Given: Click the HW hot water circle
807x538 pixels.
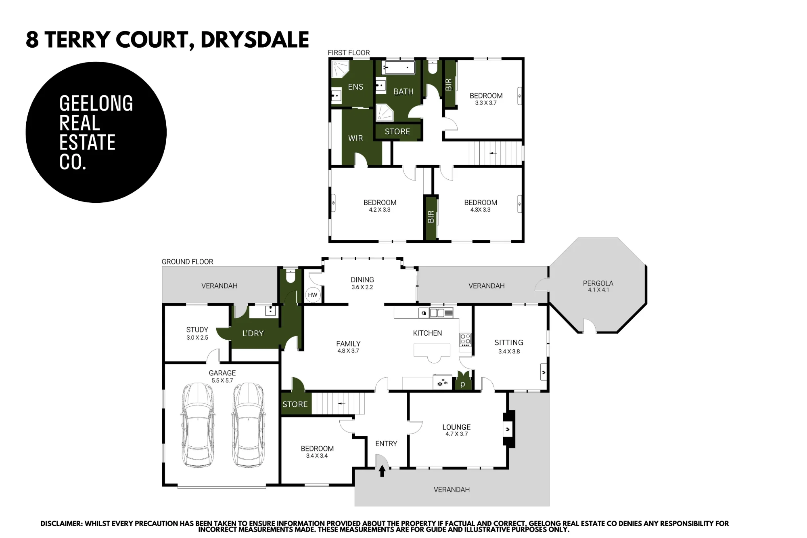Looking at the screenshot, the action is (x=313, y=295).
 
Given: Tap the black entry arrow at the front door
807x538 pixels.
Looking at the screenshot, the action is (x=382, y=471).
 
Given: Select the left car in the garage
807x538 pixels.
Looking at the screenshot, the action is (x=198, y=425).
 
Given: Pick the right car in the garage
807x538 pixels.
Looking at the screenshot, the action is (x=248, y=425).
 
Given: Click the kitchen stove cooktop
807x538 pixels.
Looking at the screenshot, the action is (x=465, y=340).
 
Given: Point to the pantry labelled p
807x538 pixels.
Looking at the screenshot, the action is (x=463, y=384).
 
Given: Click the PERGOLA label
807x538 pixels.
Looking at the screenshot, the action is (x=598, y=283).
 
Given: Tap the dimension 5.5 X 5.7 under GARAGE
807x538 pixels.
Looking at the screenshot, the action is (x=222, y=380).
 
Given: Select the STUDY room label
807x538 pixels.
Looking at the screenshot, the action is (x=197, y=330).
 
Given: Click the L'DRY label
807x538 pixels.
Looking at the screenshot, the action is (x=253, y=333).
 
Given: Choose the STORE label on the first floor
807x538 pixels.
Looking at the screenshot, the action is (x=397, y=132).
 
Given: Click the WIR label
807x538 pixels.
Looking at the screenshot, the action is (x=355, y=138).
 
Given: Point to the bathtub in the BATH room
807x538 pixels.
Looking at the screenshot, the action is (x=398, y=67).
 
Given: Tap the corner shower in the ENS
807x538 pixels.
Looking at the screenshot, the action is (x=340, y=69).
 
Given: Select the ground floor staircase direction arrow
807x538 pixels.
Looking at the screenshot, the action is (x=342, y=403).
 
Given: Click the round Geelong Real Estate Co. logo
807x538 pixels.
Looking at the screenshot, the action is (x=96, y=132).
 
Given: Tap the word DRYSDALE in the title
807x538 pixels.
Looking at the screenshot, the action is (x=255, y=40).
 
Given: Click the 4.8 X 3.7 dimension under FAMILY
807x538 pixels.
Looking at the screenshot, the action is (x=348, y=351).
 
